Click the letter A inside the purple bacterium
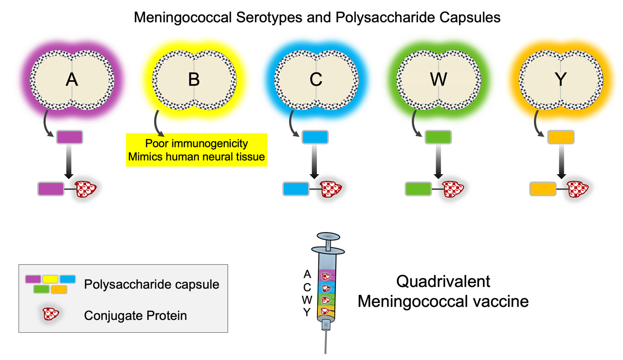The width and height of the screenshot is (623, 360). click(72, 79)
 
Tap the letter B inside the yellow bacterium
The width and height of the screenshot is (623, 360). click(194, 79)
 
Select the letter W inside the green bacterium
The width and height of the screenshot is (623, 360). click(439, 79)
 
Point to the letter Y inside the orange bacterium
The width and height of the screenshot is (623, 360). click(561, 79)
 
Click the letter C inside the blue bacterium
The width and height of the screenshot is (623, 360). click(316, 79)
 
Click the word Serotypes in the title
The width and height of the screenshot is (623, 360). click(269, 18)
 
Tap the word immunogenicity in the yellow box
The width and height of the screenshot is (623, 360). click(213, 144)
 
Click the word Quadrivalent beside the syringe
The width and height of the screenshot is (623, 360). click(443, 282)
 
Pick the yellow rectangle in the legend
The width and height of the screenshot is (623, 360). click(50, 279)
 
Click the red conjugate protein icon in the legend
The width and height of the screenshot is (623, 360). click(50, 314)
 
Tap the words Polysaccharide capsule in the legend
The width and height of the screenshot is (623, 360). click(151, 285)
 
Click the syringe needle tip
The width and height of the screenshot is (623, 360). click(325, 353)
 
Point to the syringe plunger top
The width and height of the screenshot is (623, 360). click(328, 236)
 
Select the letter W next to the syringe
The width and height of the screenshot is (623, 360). click(307, 300)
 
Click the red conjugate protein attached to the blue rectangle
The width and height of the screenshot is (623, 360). click(330, 189)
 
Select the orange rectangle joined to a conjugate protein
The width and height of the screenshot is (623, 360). click(543, 189)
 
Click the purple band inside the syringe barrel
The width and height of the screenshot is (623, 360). click(327, 275)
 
